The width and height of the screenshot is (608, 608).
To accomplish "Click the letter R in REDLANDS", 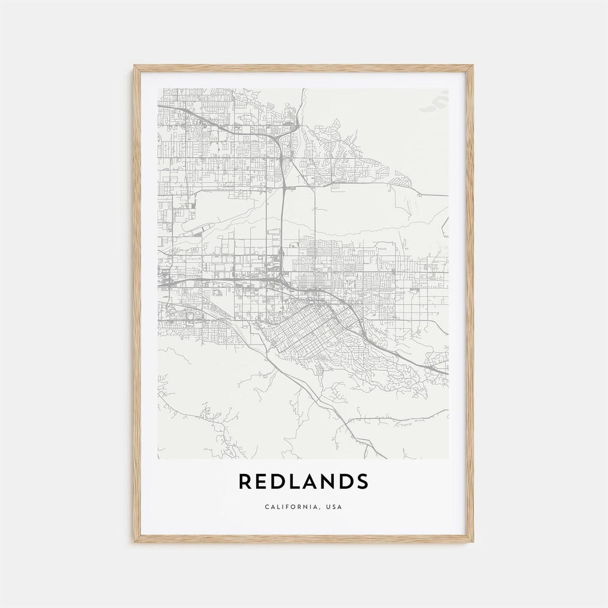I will point(245,482).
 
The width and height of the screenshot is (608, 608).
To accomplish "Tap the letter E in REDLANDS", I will point(263,482).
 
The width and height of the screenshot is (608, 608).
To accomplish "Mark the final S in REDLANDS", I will point(364,482).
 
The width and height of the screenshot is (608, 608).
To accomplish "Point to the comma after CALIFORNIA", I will point(319,508).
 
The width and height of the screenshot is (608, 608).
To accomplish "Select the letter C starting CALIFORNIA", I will point(267,507).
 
